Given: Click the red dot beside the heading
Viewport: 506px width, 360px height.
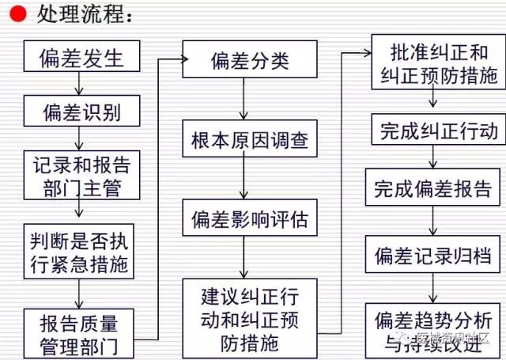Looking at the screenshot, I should pos(17,14).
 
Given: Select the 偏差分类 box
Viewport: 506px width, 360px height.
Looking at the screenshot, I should pos(244,60).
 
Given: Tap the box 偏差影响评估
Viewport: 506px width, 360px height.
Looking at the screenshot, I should pos(244,219).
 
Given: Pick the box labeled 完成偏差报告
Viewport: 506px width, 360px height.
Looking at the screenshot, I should pos(433,190).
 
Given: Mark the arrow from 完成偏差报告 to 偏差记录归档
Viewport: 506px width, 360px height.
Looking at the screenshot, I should pos(433,222).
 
